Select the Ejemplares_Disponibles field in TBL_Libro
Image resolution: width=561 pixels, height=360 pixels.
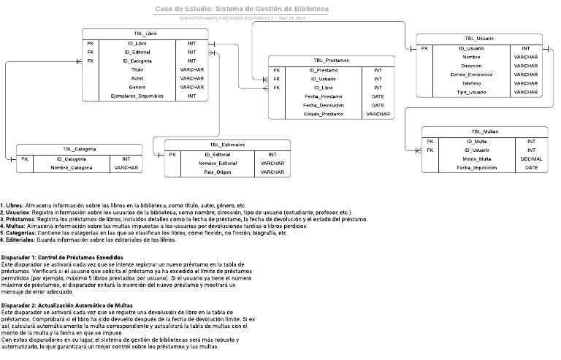tap(137, 96)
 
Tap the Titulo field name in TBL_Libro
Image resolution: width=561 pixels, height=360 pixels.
tap(137, 69)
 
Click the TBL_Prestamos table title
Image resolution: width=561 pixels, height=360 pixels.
tap(330, 61)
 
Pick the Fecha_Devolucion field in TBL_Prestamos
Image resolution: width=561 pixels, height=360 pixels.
tap(323, 105)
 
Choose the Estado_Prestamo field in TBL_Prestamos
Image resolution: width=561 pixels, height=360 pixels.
tap(323, 114)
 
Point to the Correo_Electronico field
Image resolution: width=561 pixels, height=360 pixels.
tap(471, 74)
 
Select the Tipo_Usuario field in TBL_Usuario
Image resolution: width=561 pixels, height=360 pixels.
tap(471, 92)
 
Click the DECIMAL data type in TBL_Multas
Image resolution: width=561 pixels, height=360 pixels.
tap(531, 158)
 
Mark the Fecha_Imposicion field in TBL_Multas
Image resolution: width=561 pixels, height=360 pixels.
tap(476, 167)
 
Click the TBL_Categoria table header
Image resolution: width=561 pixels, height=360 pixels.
tap(79, 149)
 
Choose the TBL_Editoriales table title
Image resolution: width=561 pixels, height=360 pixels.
tap(227, 145)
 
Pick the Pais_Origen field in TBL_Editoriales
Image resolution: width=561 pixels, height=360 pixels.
tap(218, 172)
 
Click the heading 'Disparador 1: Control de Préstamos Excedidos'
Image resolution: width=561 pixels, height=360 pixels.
tap(62, 258)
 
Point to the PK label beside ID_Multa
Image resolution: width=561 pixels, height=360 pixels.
tap(431, 141)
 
